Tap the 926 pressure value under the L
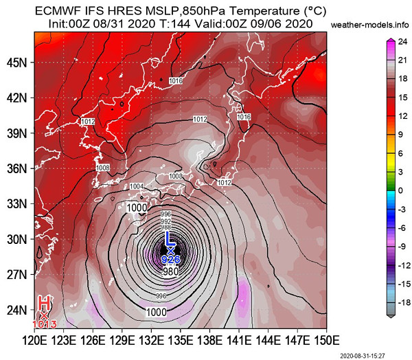point(171,260)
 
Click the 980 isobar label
point(171,273)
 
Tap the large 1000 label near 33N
point(137,207)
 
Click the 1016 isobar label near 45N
point(176,82)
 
